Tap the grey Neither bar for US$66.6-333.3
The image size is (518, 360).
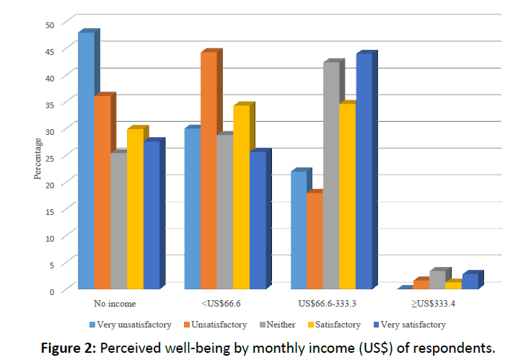pyautogui.click(x=330, y=176)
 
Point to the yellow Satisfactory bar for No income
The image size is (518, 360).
pyautogui.click(x=135, y=209)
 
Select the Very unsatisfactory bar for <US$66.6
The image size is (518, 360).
pyautogui.click(x=192, y=209)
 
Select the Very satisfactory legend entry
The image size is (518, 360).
pyautogui.click(x=409, y=325)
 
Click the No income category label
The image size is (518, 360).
pyautogui.click(x=115, y=304)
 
